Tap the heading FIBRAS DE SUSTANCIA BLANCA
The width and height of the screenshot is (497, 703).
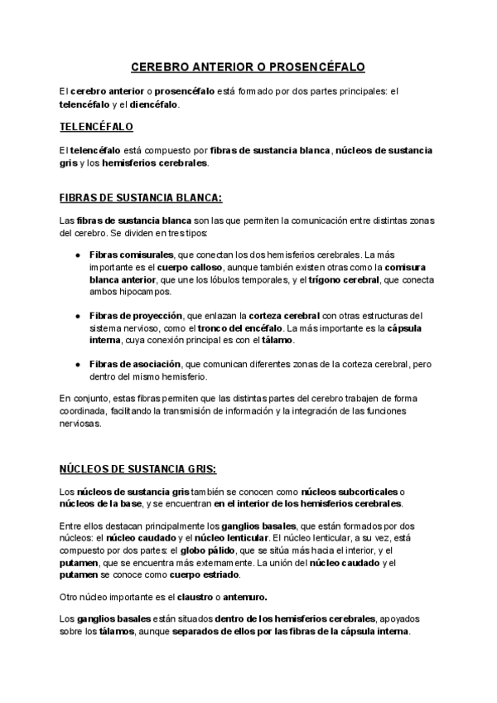click(x=141, y=199)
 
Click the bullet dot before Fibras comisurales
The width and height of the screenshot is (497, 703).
click(x=77, y=255)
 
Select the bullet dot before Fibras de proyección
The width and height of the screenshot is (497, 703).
click(x=77, y=316)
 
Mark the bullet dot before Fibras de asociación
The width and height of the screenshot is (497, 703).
click(x=77, y=364)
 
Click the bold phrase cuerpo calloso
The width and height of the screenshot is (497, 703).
click(x=196, y=268)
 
